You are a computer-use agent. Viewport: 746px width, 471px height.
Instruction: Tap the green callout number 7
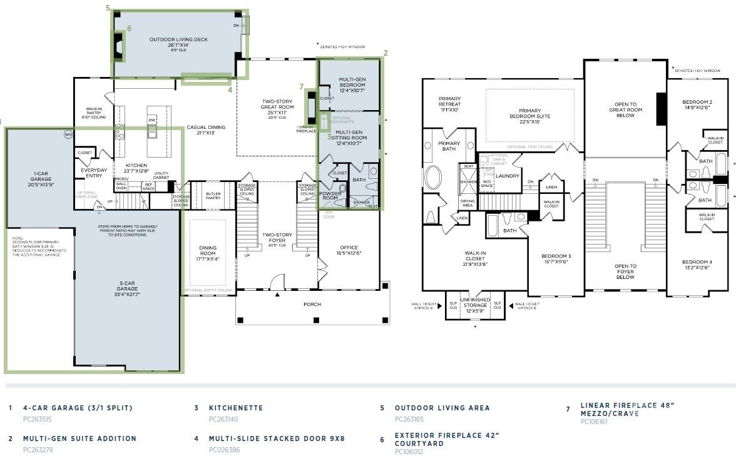(302, 87)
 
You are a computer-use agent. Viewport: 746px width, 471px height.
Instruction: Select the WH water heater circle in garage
(68, 134)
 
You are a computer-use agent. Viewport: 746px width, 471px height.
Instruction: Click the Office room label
(349, 250)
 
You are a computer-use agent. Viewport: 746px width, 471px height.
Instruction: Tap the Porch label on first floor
(312, 304)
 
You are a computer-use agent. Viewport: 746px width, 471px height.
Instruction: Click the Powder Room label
(330, 196)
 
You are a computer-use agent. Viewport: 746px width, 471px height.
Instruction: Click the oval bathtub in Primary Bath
(433, 177)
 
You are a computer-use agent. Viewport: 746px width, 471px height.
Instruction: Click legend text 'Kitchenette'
(236, 408)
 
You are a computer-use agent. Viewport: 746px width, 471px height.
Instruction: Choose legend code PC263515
(37, 419)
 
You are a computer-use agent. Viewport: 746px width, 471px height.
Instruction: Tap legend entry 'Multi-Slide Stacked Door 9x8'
(277, 438)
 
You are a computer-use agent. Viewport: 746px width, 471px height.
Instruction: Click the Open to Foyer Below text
(625, 271)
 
